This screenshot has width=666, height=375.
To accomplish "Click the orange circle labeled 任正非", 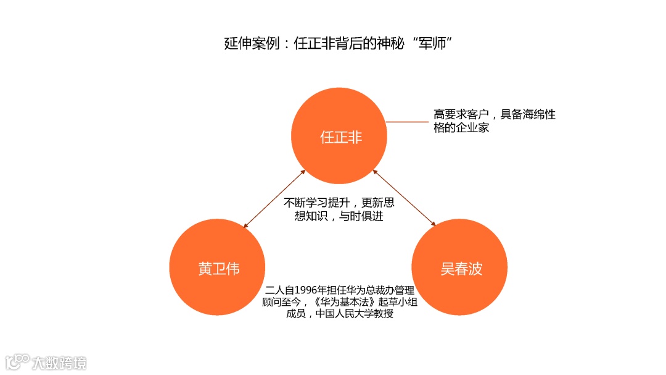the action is [x=340, y=137].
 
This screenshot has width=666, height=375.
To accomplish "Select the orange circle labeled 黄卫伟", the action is [x=218, y=269].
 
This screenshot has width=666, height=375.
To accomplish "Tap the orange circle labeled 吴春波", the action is [x=460, y=269].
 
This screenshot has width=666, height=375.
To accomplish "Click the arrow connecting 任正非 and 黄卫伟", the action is [x=274, y=199].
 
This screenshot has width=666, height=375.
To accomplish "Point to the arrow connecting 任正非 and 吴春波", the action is [x=405, y=199].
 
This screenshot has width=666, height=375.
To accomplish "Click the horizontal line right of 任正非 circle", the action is [x=407, y=122].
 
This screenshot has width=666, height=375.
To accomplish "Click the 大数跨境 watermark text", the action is [x=60, y=362].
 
